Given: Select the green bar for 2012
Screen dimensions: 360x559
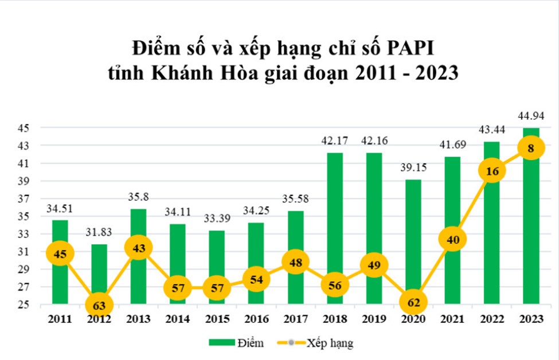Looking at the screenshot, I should (x=99, y=269).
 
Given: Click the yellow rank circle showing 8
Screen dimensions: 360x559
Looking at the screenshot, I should (x=531, y=148).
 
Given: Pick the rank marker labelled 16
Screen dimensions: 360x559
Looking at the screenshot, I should (x=491, y=171).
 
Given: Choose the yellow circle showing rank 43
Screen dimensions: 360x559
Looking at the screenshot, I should (x=138, y=248).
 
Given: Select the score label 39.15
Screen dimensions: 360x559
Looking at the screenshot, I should (x=413, y=171).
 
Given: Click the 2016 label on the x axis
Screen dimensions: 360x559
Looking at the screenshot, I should (x=256, y=319).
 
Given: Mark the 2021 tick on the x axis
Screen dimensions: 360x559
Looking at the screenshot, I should (x=452, y=319).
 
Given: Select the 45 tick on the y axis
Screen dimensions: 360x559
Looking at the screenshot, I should (x=27, y=128).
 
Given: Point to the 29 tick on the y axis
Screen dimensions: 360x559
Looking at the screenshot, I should (x=27, y=269).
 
